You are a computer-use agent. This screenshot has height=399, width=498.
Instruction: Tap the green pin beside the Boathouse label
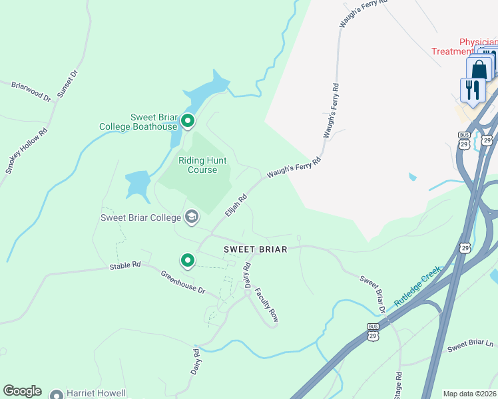click(188, 121)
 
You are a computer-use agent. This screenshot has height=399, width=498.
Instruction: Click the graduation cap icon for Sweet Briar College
click(192, 217)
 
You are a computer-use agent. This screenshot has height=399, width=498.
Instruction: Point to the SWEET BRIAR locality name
click(255, 249)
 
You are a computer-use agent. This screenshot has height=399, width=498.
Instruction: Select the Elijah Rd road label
click(236, 204)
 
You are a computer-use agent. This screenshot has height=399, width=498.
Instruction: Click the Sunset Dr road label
click(67, 83)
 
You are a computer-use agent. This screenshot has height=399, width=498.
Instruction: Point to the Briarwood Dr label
click(31, 91)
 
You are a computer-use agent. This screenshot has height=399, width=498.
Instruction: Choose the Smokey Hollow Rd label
click(27, 151)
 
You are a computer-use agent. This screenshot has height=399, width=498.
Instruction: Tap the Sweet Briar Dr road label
click(373, 293)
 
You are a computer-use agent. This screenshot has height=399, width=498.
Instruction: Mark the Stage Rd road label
click(398, 384)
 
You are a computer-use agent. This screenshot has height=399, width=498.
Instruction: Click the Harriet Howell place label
click(96, 394)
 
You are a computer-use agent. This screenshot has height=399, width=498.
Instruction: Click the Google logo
click(22, 391)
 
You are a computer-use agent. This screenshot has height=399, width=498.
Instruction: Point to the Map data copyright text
click(470, 394)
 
